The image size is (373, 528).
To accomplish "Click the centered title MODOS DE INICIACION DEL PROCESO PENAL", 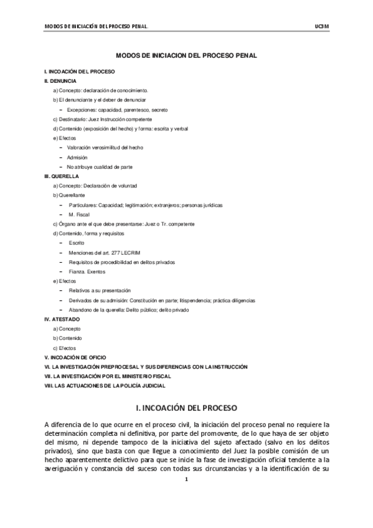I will coord(186,56).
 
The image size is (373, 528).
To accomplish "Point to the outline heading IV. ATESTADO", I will coord(62,319).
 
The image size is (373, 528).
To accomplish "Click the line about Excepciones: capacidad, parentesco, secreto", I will coord(112,110).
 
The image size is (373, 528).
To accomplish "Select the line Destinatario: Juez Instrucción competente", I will coord(102,119).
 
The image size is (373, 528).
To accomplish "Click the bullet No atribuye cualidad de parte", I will coord(99,166).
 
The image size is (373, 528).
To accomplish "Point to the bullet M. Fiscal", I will coord(79,214).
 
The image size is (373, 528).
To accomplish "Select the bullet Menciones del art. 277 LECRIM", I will coord(103,252).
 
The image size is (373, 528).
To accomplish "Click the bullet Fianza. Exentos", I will coord(87,271).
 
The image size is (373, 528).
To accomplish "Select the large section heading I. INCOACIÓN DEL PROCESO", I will coord(186,408).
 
